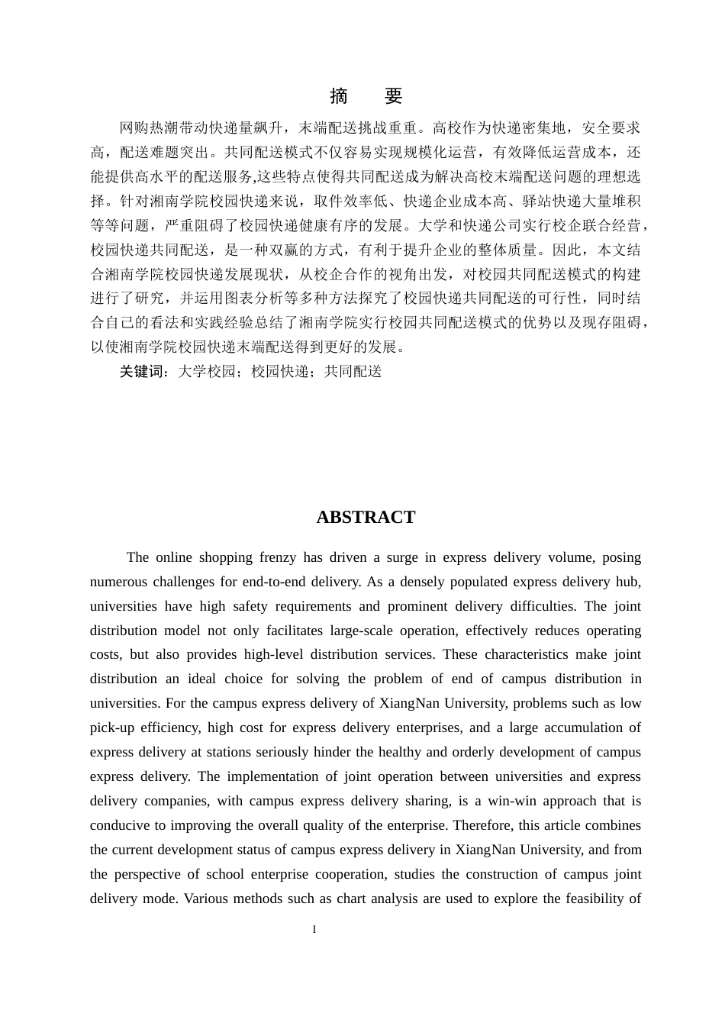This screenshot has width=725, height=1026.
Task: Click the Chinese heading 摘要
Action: pos(366,96)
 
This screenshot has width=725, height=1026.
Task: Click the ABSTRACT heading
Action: pos(366,518)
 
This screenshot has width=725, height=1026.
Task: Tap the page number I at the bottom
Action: pos(314,930)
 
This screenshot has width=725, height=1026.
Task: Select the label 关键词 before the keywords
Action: pos(141,372)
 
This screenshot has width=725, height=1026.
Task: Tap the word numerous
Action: pos(118,582)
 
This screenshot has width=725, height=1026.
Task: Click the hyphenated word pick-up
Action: pos(112,728)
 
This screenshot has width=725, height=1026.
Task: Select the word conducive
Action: pos(119,825)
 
